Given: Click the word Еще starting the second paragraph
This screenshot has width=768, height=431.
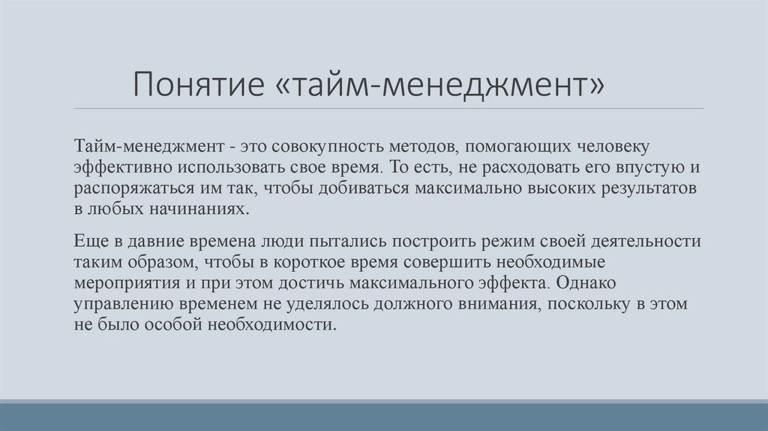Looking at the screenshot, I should pyautogui.click(x=88, y=242).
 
